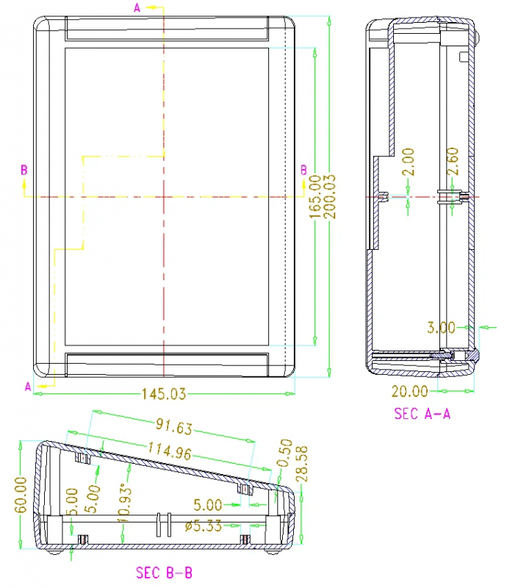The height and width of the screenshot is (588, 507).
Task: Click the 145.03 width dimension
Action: tap(164, 394)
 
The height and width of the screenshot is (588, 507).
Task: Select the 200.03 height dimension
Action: tap(330, 197)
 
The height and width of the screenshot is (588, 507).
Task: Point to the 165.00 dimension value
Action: tap(315, 197)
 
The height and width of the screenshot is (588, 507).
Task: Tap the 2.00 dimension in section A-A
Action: tap(408, 162)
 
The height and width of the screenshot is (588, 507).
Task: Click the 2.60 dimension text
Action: tap(453, 161)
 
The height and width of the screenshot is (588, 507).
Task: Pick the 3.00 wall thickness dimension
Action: tap(441, 328)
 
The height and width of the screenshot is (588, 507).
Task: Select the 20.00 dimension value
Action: tap(409, 392)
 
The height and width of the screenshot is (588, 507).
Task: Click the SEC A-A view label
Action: tap(422, 414)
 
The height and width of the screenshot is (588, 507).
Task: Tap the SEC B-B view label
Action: tap(164, 573)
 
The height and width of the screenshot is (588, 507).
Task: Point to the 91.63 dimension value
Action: tap(174, 427)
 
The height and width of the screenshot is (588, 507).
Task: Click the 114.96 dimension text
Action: tap(170, 451)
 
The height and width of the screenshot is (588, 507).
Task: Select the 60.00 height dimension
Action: tap(21, 495)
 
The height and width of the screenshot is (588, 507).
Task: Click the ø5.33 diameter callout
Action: tap(204, 526)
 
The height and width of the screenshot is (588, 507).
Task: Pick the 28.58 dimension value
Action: tap(301, 464)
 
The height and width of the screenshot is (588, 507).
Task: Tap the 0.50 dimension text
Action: tap(287, 453)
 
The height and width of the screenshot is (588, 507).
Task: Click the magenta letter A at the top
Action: tap(137, 7)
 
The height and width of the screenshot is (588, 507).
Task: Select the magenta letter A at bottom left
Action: tap(28, 387)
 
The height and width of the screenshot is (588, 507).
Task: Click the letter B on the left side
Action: tap(24, 170)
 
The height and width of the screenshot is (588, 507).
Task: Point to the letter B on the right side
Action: tap(303, 170)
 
